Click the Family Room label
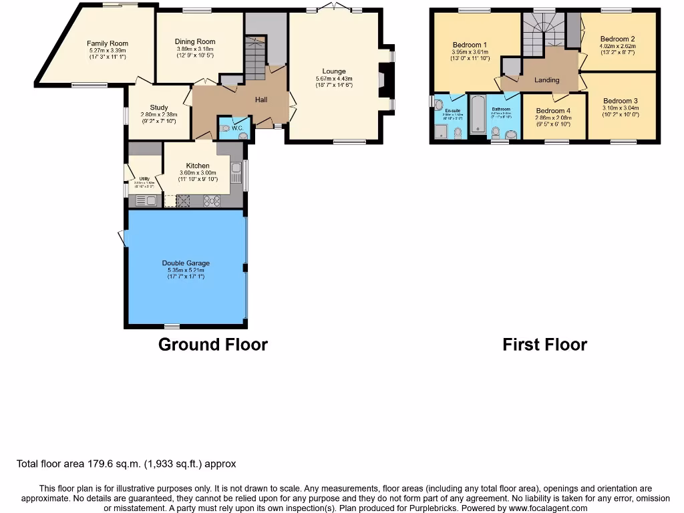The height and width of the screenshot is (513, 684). pyautogui.click(x=108, y=43)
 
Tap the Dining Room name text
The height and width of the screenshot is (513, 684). pyautogui.click(x=195, y=41)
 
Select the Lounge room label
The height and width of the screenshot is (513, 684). pyautogui.click(x=334, y=71)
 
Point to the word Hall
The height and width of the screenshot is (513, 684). pyautogui.click(x=261, y=100)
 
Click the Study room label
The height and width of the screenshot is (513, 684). pyautogui.click(x=159, y=108)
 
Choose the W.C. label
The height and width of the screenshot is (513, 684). pyautogui.click(x=236, y=128)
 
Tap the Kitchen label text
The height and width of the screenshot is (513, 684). pyautogui.click(x=198, y=166)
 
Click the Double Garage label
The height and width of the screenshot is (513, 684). pyautogui.click(x=186, y=263)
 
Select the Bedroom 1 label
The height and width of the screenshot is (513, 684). pyautogui.click(x=470, y=45)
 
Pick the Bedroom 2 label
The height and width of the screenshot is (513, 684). pyautogui.click(x=617, y=39)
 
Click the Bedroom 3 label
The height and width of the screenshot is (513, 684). pyautogui.click(x=621, y=101)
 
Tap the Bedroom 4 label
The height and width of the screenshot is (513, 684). pyautogui.click(x=553, y=111)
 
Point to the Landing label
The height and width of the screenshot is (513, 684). pyautogui.click(x=547, y=80)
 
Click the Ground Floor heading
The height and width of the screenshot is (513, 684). pyautogui.click(x=212, y=345)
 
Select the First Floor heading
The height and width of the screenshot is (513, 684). pyautogui.click(x=544, y=345)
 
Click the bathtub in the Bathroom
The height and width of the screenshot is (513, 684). pyautogui.click(x=477, y=115)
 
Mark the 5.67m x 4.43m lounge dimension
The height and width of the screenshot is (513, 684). pyautogui.click(x=334, y=79)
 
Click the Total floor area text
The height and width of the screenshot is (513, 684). pyautogui.click(x=126, y=464)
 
